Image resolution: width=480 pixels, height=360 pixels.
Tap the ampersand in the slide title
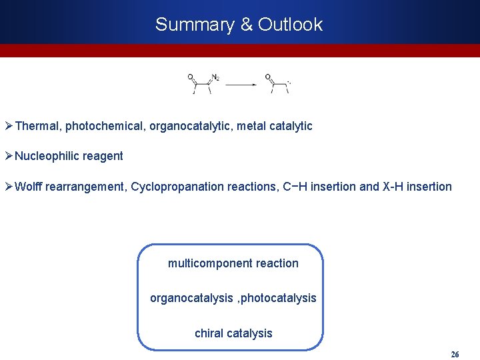[x=247, y=25]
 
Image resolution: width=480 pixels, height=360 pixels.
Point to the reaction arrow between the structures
[x=241, y=85]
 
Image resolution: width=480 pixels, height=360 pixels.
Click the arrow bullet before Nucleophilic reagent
[x=9, y=156]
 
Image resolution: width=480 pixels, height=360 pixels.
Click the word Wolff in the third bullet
[x=28, y=187]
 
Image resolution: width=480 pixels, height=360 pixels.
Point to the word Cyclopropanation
[x=171, y=187]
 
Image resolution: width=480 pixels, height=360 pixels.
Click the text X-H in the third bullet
[x=394, y=187]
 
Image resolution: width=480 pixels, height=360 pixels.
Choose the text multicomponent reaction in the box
[x=233, y=263]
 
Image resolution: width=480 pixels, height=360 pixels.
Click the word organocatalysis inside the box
[x=191, y=298]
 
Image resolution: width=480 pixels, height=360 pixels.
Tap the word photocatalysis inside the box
[x=278, y=298]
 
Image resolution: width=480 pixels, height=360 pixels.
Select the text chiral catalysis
[x=233, y=333]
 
